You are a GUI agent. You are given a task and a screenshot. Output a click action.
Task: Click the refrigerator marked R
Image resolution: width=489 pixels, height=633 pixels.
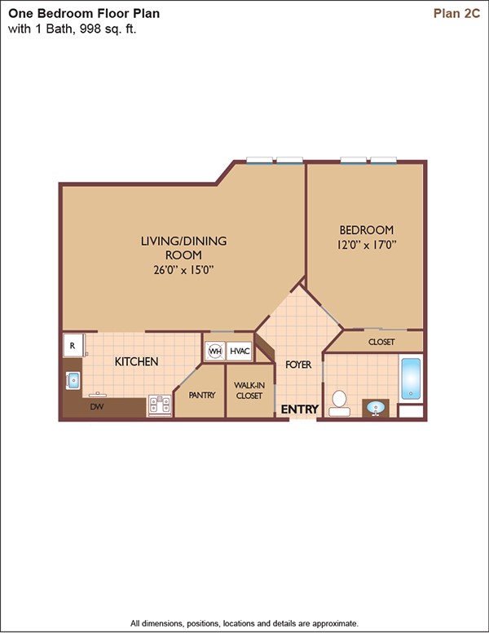click(x=73, y=345)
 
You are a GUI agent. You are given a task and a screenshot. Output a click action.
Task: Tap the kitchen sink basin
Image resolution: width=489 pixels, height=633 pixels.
click(x=73, y=381)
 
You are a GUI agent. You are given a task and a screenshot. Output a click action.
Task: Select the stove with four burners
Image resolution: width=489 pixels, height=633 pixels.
click(x=160, y=405)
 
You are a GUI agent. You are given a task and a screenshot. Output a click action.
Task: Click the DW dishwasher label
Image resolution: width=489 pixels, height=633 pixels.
click(x=97, y=407)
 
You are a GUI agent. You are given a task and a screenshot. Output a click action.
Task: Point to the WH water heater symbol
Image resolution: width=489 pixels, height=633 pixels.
click(x=215, y=352)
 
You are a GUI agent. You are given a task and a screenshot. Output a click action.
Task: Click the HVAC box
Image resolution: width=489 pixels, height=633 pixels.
click(x=240, y=352)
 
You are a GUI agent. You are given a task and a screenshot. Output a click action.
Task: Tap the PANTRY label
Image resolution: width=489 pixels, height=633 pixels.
click(x=202, y=396)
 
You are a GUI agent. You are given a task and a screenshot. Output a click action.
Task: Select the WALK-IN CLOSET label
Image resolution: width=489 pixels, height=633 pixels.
click(x=249, y=391)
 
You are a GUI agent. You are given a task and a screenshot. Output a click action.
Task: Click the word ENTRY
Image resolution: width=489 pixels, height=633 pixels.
click(x=300, y=409)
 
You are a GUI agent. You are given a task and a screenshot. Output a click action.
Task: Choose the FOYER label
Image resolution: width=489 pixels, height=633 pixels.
click(x=298, y=365)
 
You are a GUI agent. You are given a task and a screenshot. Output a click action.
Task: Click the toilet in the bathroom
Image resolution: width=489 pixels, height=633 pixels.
click(x=339, y=403)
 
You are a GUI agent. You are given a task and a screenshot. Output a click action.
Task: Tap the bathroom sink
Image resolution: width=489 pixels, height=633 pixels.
click(x=376, y=408)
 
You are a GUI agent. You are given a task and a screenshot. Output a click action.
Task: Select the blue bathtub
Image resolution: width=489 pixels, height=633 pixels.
click(x=411, y=378)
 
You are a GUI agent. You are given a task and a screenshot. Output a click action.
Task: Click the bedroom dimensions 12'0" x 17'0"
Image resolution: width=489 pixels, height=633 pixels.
click(x=367, y=245)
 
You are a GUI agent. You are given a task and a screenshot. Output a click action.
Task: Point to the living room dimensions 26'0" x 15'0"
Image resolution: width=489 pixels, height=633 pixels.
click(x=183, y=270)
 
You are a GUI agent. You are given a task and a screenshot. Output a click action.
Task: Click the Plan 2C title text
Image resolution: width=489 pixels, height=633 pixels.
click(x=456, y=13)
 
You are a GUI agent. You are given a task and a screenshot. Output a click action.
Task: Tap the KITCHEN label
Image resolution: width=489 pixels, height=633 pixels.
click(x=136, y=361)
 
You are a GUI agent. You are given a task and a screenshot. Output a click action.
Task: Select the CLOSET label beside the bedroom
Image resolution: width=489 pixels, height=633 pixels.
click(x=381, y=342)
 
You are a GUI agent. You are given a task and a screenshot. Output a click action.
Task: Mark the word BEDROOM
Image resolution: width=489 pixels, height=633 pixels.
click(x=367, y=230)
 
